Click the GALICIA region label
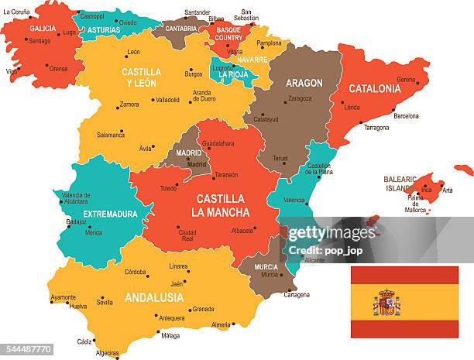coord(43,28)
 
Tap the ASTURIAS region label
coord(103,30)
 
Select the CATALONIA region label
coord(375,88)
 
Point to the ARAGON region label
coord(304,83)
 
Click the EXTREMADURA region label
coord(110,214)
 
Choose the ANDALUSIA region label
coord(153,297)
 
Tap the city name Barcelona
coord(406,116)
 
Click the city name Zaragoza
coord(300,98)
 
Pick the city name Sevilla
coord(104,303)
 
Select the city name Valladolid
coord(167,100)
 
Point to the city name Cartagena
coord(297,294)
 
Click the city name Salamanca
coord(111,135)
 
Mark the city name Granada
coord(203,309)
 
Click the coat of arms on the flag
coord(386,303)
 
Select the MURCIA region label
coord(266,266)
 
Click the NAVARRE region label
coord(252,59)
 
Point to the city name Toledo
coord(168,188)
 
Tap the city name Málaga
coord(170,335)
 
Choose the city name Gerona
coord(406,80)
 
